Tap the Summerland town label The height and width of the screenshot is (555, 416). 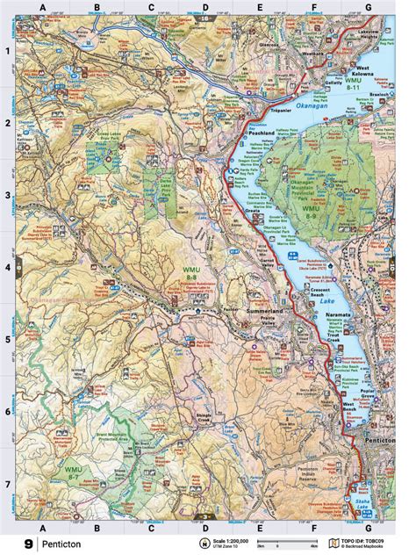click(271, 312)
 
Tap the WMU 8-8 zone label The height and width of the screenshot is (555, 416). click(192, 272)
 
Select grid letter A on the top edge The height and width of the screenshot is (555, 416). click(41, 8)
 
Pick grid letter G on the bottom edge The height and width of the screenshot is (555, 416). click(368, 527)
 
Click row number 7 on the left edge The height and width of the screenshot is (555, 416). click(8, 484)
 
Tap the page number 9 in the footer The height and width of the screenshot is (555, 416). click(30, 544)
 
